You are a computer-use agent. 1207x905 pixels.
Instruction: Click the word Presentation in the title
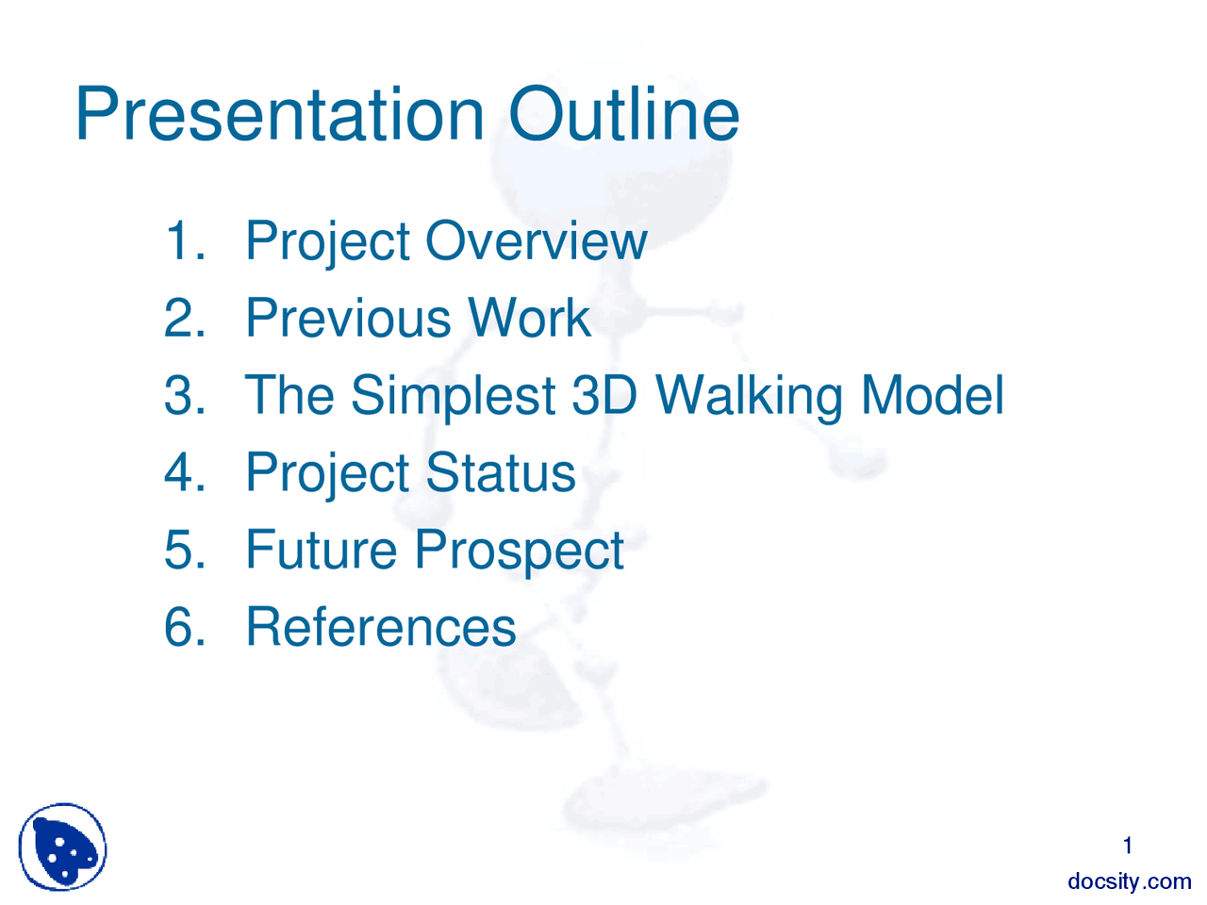click(279, 115)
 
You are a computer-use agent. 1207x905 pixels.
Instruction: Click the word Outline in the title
click(623, 115)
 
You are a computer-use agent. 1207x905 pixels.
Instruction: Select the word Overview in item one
click(536, 240)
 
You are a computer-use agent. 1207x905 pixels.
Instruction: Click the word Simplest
click(453, 397)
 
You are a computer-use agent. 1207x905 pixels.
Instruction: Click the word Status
click(500, 472)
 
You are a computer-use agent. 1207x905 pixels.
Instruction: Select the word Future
click(321, 550)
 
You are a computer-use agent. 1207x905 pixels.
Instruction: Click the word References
click(380, 627)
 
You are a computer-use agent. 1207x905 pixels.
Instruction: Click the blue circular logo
click(62, 847)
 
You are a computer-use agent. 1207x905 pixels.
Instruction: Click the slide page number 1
click(1127, 846)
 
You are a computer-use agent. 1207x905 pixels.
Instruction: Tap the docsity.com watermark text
click(1129, 881)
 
